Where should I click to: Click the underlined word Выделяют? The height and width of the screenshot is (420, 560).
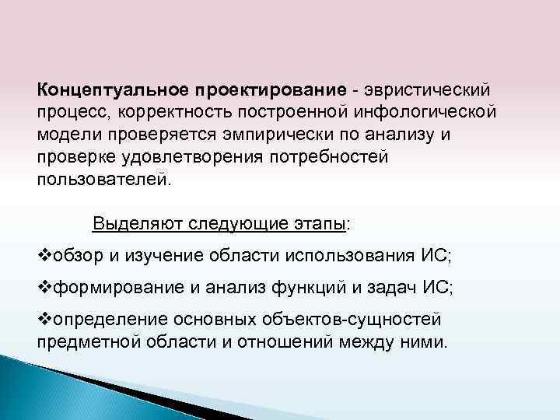[134, 224]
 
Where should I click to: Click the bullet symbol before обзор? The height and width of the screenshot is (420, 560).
[44, 256]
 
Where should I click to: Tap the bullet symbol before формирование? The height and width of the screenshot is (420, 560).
[44, 288]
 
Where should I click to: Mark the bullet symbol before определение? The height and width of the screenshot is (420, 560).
[44, 319]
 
